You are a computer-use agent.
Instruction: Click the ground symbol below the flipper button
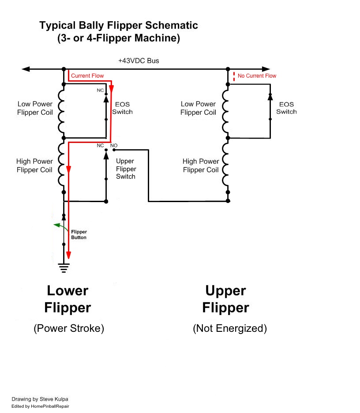[64, 266]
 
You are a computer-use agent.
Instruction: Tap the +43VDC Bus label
[139, 61]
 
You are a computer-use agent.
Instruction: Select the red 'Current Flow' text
[87, 76]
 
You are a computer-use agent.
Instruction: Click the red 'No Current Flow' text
[257, 76]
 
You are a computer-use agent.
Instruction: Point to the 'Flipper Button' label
[79, 234]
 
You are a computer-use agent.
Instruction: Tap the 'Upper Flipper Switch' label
[126, 169]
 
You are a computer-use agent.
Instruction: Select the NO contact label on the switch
[114, 145]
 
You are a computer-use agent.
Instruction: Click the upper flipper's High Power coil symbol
[226, 166]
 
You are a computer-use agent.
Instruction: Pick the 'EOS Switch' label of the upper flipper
[286, 108]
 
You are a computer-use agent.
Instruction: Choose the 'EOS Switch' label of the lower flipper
[122, 108]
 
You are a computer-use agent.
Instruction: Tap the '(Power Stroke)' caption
[68, 329]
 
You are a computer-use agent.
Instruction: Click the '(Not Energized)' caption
[230, 329]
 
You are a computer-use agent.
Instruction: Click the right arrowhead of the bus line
[266, 69]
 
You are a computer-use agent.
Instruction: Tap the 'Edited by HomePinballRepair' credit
[40, 406]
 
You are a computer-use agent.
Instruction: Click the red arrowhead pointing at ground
[68, 256]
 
